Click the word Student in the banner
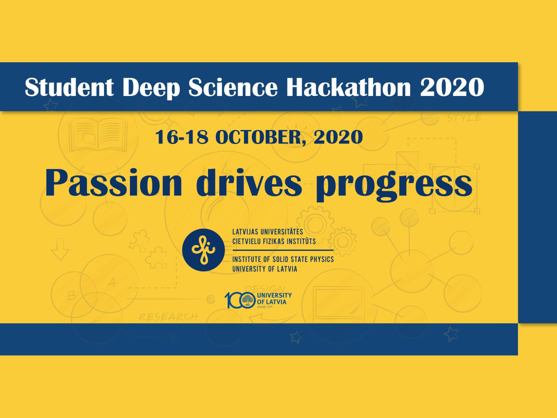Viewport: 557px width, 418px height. click(x=69, y=87)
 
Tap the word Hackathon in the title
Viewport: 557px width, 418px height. click(x=349, y=87)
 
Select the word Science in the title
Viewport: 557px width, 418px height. click(x=233, y=87)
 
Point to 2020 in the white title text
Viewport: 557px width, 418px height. click(x=452, y=87)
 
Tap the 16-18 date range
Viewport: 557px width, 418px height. click(x=182, y=137)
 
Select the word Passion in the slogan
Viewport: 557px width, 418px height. click(x=113, y=182)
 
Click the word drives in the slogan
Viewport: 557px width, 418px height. click(x=249, y=182)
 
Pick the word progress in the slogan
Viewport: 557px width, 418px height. click(x=394, y=185)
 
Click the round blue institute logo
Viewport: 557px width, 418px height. click(x=203, y=250)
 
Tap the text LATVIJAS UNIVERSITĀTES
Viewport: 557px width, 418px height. click(x=268, y=232)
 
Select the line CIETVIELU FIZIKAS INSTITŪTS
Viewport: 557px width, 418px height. click(x=274, y=241)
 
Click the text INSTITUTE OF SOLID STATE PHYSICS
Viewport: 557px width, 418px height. click(x=283, y=259)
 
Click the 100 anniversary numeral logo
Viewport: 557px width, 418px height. click(x=240, y=300)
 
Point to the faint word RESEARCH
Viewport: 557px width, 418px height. click(x=168, y=317)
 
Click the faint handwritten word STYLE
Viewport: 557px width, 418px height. click(x=464, y=118)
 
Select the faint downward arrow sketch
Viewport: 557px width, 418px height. click(x=60, y=250)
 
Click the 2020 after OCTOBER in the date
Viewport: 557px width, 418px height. click(x=338, y=137)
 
